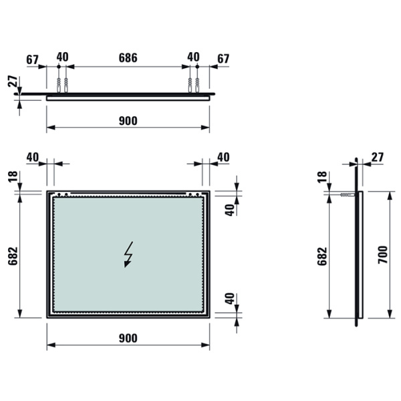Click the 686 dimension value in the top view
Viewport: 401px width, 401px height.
tap(128, 58)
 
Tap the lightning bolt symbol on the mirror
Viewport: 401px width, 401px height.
tap(128, 254)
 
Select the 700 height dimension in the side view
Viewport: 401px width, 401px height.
tap(382, 255)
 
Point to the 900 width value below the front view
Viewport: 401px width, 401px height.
tap(128, 338)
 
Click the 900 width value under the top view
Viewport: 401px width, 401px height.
tap(128, 120)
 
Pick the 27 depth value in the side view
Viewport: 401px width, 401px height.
tap(377, 157)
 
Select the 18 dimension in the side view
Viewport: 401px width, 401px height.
tap(321, 177)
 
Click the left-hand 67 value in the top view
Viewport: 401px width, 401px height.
tap(33, 58)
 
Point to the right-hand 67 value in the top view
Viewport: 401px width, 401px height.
tap(223, 58)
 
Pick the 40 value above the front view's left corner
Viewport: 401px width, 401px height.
tap(33, 157)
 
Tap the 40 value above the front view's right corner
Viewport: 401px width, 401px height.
tap(223, 157)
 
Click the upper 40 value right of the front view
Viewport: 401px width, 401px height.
tap(229, 209)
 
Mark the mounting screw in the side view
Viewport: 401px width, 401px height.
tap(348, 194)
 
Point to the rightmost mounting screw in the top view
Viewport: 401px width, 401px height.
tap(197, 85)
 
